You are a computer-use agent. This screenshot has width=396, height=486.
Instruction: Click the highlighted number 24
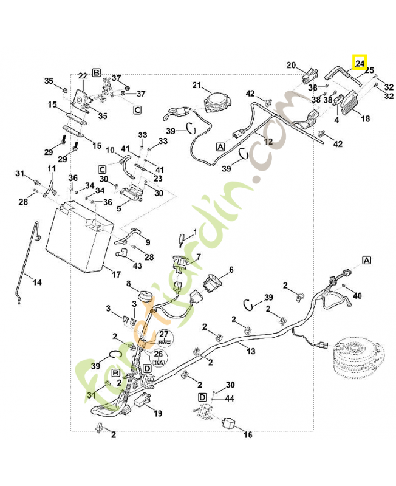click(360, 62)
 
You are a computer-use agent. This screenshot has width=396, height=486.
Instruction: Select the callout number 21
click(197, 84)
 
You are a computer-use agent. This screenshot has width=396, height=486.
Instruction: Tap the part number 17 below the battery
click(117, 274)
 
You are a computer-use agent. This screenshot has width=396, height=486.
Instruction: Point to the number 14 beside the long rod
click(36, 282)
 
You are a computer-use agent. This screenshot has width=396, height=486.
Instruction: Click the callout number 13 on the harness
click(251, 352)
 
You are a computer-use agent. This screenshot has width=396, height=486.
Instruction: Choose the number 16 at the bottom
click(247, 435)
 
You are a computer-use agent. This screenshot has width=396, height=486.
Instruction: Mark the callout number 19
click(158, 414)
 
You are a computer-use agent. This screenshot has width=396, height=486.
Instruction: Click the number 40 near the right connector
click(357, 296)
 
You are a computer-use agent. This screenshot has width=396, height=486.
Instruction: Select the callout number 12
click(268, 141)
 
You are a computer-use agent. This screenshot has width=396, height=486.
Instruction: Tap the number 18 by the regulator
click(365, 119)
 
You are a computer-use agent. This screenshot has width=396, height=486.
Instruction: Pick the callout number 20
click(291, 65)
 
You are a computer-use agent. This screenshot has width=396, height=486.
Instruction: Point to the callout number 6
click(231, 270)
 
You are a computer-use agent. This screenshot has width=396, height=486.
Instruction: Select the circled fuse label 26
click(159, 354)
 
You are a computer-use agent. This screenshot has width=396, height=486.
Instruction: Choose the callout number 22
click(83, 76)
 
